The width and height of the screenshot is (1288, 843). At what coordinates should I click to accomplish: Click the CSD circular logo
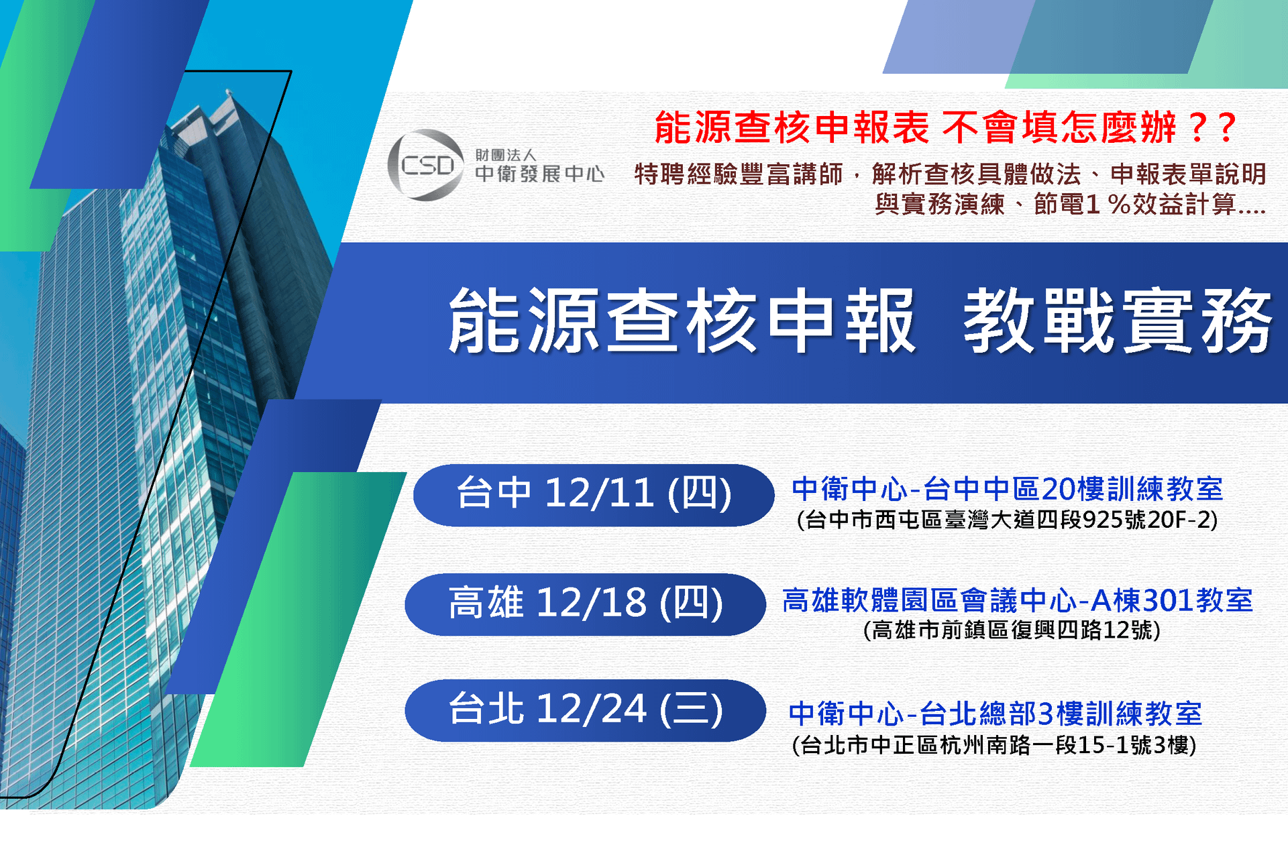click(426, 165)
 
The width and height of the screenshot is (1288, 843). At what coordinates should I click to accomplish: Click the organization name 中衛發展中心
click(540, 174)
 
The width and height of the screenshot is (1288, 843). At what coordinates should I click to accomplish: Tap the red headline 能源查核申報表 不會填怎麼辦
click(915, 127)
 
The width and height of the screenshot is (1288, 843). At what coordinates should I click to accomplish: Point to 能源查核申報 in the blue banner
click(682, 321)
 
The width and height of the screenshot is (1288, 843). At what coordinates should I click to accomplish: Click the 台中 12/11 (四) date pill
click(594, 495)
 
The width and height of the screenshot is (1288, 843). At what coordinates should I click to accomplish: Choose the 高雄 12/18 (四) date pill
click(585, 604)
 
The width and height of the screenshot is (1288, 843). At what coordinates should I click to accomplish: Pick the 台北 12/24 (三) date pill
click(585, 710)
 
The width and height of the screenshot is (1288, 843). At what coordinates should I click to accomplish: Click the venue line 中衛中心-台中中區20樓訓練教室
click(1008, 489)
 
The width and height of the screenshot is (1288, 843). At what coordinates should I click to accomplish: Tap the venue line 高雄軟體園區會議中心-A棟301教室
click(1018, 600)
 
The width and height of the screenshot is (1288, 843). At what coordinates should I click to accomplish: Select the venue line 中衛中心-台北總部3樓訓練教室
click(996, 714)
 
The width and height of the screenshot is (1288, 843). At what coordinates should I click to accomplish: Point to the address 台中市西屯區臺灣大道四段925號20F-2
click(1008, 520)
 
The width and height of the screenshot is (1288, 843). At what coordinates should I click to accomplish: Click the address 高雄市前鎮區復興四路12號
click(1012, 630)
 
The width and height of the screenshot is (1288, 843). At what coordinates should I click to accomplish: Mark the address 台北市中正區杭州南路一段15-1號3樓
click(994, 745)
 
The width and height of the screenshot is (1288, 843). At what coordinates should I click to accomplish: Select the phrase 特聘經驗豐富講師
click(739, 174)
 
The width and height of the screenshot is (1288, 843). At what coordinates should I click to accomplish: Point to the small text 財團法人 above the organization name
click(506, 155)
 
